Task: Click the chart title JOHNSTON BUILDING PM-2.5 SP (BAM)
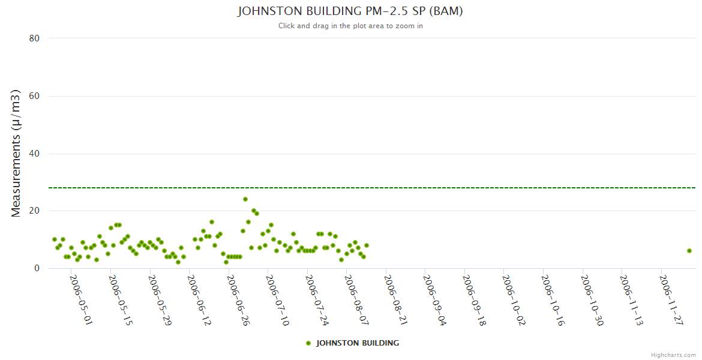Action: coord(350,11)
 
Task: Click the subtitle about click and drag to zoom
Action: coord(350,26)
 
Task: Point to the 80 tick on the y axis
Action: coord(34,38)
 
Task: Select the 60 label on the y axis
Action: coord(34,96)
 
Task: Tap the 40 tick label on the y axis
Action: coord(34,154)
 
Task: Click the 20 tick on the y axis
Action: coord(34,211)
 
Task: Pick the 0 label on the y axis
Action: coord(37,268)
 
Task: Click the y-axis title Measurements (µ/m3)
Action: coord(16,153)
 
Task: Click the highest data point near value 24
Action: coord(245,199)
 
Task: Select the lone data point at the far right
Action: coord(689,251)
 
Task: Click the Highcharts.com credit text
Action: coord(673,355)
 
